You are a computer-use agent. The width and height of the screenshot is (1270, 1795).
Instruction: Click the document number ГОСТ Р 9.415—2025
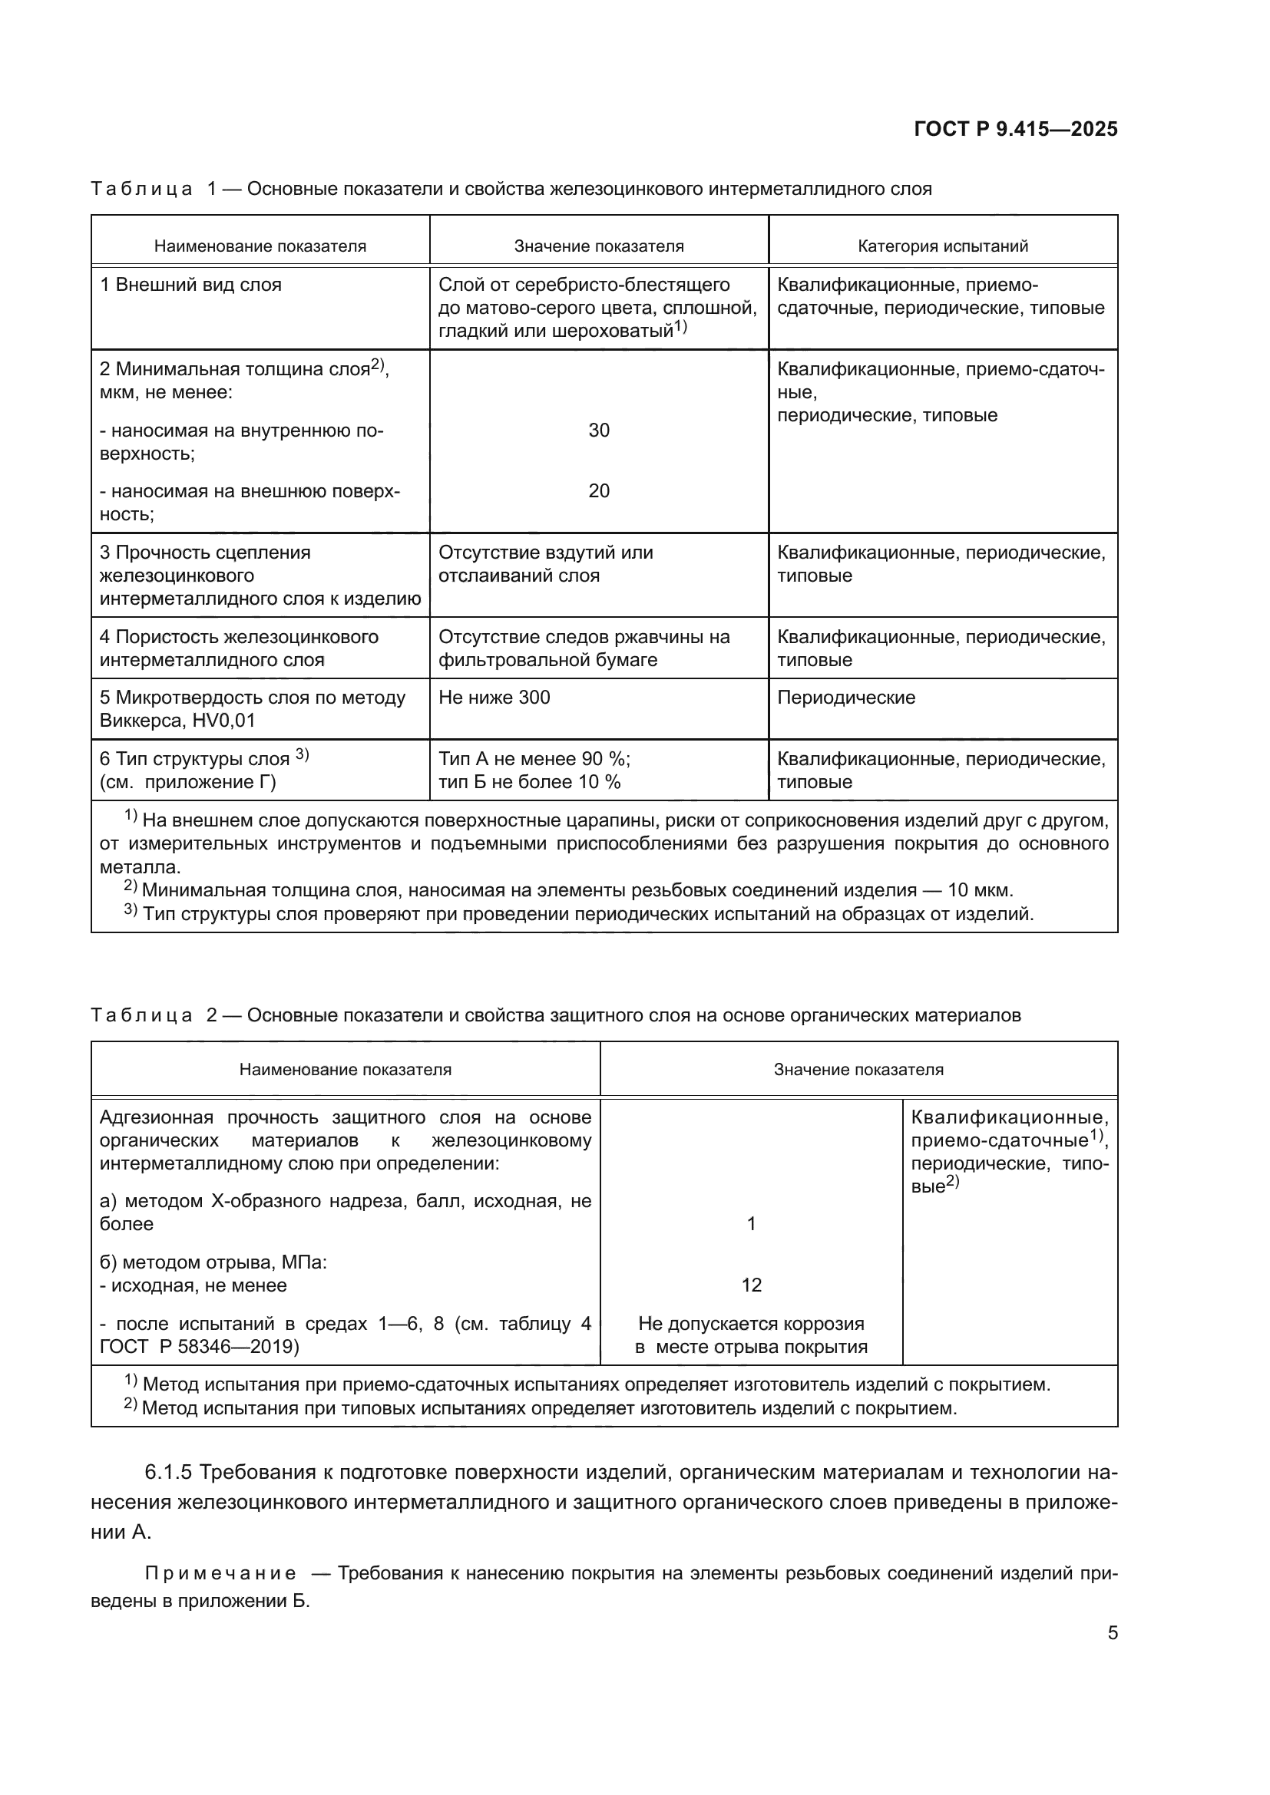1015,130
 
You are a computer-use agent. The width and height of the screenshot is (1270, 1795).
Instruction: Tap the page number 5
1112,1632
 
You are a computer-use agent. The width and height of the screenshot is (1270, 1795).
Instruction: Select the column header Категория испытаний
942,246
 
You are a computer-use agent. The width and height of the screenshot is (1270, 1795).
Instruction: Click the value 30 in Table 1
598,430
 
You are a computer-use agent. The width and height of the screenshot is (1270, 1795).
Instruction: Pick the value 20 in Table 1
598,491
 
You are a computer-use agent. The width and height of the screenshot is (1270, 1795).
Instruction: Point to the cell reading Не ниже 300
494,698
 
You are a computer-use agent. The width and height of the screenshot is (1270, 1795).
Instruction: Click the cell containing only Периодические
845,698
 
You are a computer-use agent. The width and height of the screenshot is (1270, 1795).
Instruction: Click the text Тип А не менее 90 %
534,759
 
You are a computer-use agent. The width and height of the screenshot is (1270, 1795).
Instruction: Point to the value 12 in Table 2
751,1285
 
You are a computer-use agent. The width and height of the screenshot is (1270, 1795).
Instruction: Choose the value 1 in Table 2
751,1223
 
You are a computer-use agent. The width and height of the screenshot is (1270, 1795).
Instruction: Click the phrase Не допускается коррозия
751,1324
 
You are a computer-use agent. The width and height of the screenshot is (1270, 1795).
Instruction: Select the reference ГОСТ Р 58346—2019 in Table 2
199,1346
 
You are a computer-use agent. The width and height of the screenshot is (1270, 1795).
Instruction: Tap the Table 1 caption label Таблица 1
154,190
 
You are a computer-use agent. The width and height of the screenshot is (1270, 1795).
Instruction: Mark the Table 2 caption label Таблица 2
154,1015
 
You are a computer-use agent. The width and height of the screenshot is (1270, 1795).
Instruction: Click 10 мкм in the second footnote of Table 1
979,890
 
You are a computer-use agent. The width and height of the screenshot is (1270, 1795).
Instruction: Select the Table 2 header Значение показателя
858,1070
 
